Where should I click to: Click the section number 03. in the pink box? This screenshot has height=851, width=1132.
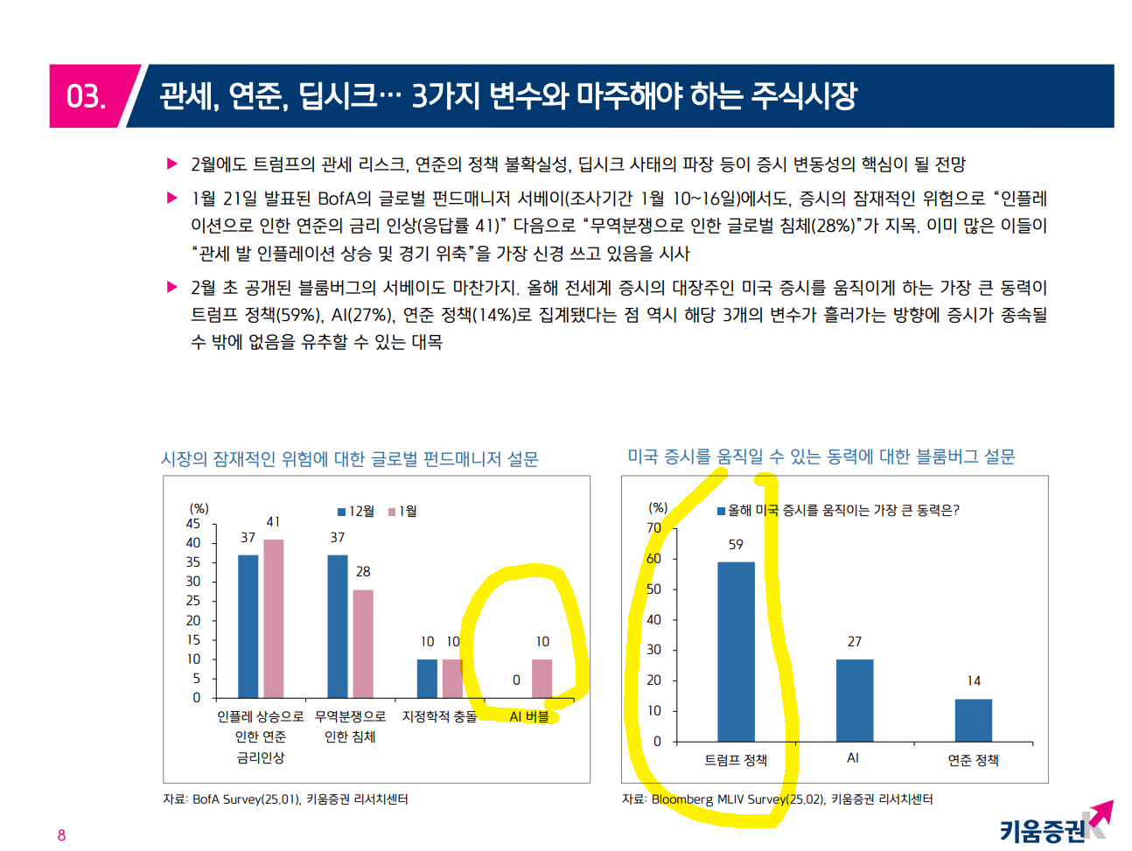click(x=86, y=96)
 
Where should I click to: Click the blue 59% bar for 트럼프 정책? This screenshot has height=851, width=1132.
click(x=736, y=651)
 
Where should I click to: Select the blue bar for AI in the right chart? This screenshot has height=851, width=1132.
click(x=854, y=700)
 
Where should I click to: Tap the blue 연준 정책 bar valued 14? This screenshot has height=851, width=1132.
click(x=973, y=720)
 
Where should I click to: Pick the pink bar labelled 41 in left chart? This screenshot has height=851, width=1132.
click(x=274, y=618)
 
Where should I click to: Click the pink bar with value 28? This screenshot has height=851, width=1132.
click(x=363, y=644)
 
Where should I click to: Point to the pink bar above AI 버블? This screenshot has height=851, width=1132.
click(x=542, y=679)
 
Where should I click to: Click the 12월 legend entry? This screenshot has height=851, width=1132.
click(x=356, y=512)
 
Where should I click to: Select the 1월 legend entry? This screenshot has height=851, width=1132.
click(x=403, y=512)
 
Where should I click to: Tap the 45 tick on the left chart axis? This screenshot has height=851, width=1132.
click(x=193, y=524)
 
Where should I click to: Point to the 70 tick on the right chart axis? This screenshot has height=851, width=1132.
click(x=654, y=528)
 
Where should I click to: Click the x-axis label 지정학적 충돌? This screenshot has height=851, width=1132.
click(x=440, y=716)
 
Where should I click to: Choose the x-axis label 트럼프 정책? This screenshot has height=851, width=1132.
click(x=736, y=760)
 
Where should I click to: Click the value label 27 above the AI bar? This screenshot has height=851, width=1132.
click(x=855, y=642)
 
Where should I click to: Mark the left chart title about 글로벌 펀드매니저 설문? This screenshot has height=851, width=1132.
click(x=350, y=459)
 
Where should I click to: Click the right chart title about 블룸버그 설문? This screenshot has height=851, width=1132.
click(x=821, y=457)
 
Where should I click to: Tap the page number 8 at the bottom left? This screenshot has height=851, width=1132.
click(x=61, y=835)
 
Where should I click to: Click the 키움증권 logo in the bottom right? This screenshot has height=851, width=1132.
click(x=1054, y=824)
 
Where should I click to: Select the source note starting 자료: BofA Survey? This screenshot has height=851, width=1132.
click(x=285, y=799)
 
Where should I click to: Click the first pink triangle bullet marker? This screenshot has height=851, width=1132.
click(x=172, y=164)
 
